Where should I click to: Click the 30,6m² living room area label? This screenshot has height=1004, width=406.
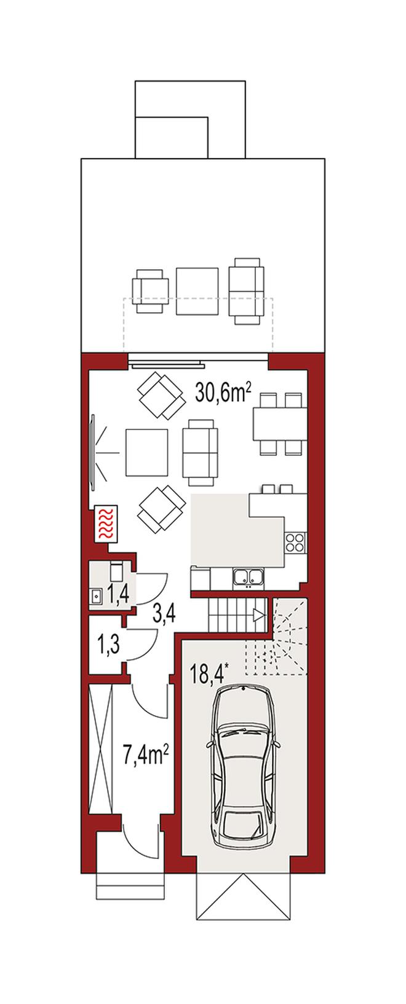pos(223,392)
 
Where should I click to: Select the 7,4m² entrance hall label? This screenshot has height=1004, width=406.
pos(146,759)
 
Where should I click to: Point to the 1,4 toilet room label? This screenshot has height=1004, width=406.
pos(119,594)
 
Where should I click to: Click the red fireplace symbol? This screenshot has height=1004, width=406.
pos(106,523)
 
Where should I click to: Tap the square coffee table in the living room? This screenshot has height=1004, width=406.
pos(146,453)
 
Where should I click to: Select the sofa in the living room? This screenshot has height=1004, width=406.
pos(200,453)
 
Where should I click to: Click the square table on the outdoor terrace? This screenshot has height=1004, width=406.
pos(197,291)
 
